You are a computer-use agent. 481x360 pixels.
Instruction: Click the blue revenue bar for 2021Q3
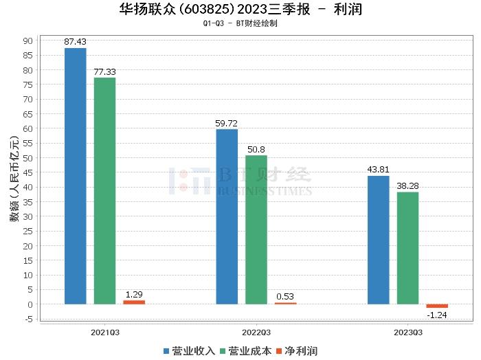[76, 176]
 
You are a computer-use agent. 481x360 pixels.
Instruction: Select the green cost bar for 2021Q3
[104, 190]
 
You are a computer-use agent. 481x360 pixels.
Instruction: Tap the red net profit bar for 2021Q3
[134, 302]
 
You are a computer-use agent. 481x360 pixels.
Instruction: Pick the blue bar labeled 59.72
[227, 216]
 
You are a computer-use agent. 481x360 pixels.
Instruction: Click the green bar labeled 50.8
[256, 229]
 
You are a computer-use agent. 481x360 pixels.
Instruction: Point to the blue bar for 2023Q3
[379, 240]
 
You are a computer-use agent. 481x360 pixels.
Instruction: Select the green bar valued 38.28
[407, 248]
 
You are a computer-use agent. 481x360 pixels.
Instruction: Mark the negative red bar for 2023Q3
[437, 306]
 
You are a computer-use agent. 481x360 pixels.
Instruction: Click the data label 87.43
[76, 42]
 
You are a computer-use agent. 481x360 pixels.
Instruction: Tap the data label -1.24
[437, 315]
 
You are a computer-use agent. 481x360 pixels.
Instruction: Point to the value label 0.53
[285, 296]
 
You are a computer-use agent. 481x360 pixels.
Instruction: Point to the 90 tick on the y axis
[27, 41]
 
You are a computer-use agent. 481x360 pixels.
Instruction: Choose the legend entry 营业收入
[189, 351]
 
